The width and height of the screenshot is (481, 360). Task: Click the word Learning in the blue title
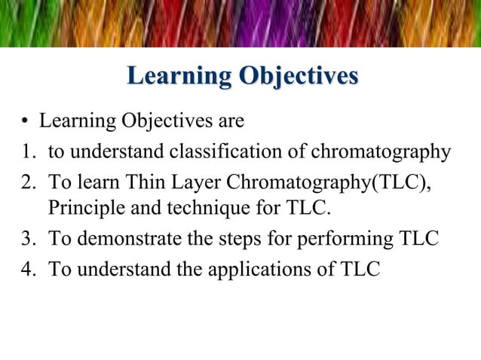coord(178,78)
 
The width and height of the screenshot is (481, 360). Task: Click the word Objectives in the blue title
coord(298,78)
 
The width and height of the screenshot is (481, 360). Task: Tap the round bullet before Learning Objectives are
coord(24,122)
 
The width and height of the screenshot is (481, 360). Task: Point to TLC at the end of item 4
coord(363,270)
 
